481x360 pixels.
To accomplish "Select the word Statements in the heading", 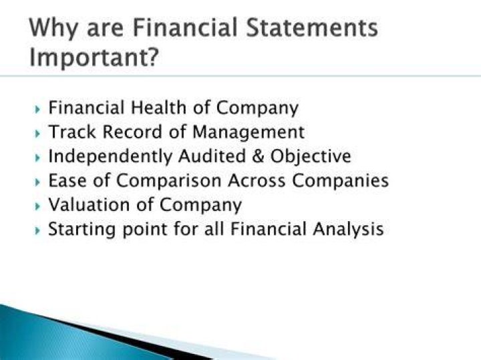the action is [312, 27].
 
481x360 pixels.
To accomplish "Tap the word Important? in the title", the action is [94, 58].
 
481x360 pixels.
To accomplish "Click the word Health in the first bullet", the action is [158, 108].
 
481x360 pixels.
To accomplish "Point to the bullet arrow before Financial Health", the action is [37, 109].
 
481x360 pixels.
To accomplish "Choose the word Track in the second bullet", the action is [72, 132].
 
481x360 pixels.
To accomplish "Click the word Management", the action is [249, 132].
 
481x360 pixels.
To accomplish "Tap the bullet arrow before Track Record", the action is [37, 134].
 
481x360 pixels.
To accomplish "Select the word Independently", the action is [110, 157].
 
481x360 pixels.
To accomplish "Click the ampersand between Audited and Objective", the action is [258, 156].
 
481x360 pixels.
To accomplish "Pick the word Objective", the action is [311, 157].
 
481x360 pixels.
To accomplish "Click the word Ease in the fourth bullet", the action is [67, 180].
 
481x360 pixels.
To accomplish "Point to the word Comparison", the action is [169, 181].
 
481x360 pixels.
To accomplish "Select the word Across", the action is [257, 180].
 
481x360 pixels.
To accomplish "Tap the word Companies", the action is [340, 181].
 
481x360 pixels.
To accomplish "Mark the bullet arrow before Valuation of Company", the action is [37, 206].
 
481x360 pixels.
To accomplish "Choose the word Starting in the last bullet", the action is [82, 229].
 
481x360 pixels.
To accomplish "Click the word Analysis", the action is [348, 229].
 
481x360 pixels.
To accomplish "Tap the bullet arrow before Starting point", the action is [37, 230].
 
